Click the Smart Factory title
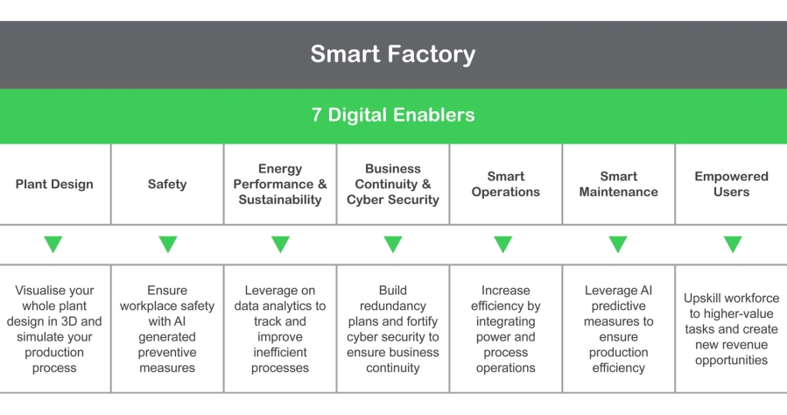click(x=392, y=54)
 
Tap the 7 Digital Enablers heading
click(x=392, y=115)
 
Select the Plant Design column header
click(x=54, y=184)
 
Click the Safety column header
click(x=167, y=184)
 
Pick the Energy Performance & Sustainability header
click(x=280, y=184)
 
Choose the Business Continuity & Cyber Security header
click(x=393, y=184)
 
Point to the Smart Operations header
click(x=505, y=184)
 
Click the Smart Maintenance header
click(x=618, y=184)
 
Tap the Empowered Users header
click(x=731, y=184)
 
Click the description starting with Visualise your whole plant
click(x=54, y=329)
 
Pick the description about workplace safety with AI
click(x=167, y=329)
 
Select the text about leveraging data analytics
click(x=280, y=329)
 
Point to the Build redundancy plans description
click(x=393, y=329)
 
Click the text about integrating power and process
click(x=505, y=329)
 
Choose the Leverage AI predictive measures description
click(x=618, y=329)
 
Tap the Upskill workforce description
click(x=731, y=329)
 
